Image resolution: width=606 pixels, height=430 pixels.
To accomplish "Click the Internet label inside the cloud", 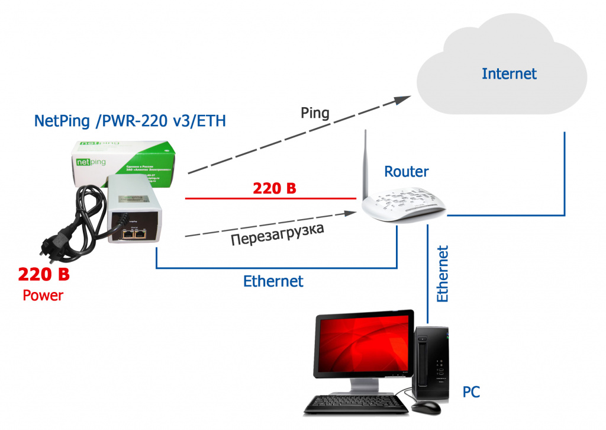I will tap(509, 74).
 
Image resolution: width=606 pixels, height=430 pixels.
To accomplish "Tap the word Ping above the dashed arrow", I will tap(315, 113).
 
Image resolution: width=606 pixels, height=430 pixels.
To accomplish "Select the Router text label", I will tap(407, 172).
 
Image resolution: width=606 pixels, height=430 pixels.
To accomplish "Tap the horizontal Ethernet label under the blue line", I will tap(273, 281).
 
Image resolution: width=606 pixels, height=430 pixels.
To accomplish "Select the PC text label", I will tap(471, 392).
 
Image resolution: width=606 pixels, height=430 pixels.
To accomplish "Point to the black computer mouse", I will tap(426, 408).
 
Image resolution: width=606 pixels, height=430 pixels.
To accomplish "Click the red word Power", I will tap(43, 296).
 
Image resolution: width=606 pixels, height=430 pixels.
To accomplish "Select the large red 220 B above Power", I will tap(44, 275).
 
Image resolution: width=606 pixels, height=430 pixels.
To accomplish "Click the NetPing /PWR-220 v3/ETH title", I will tap(130, 121).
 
